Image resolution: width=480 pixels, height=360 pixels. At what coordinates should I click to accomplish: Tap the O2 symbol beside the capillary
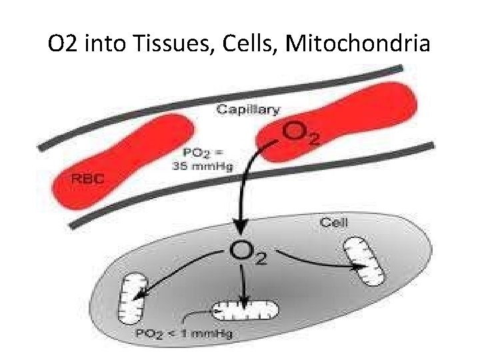300,133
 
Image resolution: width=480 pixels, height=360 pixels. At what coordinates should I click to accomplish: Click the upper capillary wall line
220,101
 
